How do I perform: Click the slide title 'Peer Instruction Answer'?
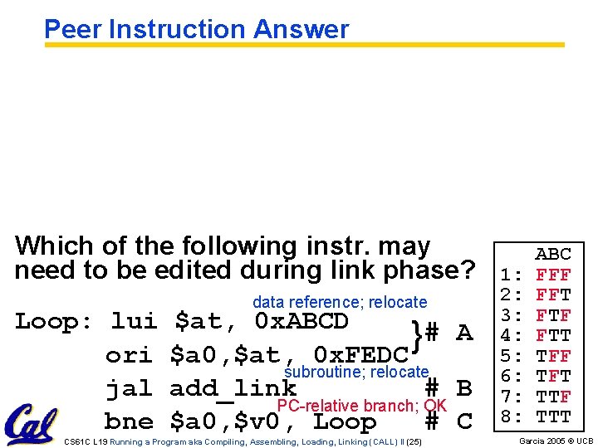pyautogui.click(x=196, y=29)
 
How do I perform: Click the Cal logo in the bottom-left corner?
pyautogui.click(x=32, y=423)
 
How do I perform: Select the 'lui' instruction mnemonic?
pyautogui.click(x=134, y=321)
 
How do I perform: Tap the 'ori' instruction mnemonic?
pyautogui.click(x=129, y=355)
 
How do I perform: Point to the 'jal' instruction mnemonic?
pyautogui.click(x=129, y=388)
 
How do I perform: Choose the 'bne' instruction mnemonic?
pyautogui.click(x=129, y=421)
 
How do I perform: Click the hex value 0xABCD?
pyautogui.click(x=301, y=321)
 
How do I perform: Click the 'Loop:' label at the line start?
pyautogui.click(x=55, y=321)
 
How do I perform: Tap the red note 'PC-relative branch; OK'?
pyautogui.click(x=362, y=406)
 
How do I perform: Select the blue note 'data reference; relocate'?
pyautogui.click(x=340, y=303)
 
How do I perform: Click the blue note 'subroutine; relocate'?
pyautogui.click(x=356, y=373)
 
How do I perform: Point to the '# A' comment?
pyautogui.click(x=448, y=334)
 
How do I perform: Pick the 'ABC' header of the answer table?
pyautogui.click(x=553, y=254)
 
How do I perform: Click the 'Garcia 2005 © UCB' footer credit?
pyautogui.click(x=556, y=441)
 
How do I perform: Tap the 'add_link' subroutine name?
pyautogui.click(x=233, y=388)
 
